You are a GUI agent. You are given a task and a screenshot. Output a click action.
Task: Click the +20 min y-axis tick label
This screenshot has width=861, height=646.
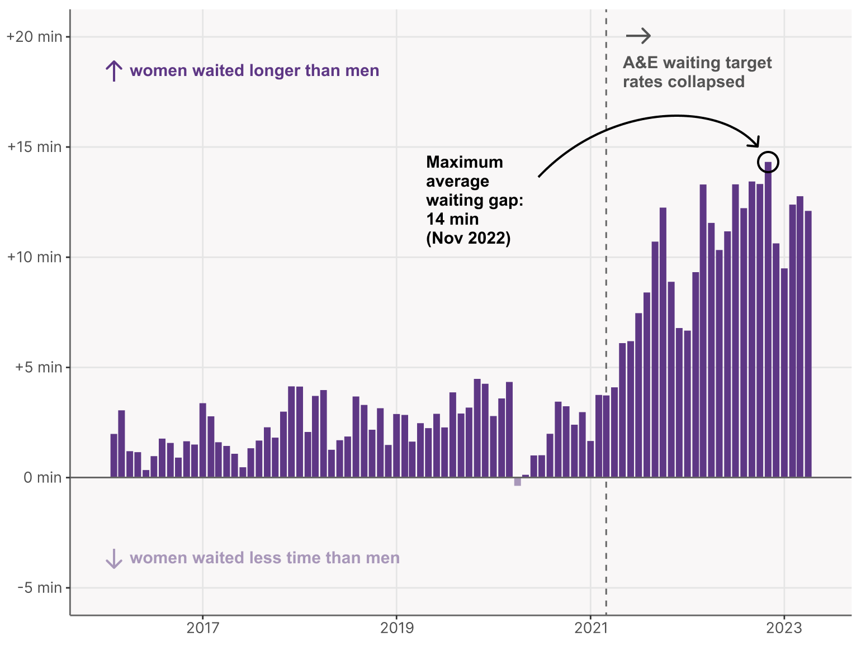pos(34,37)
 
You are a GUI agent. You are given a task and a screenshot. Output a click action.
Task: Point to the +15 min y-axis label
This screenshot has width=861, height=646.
pos(34,147)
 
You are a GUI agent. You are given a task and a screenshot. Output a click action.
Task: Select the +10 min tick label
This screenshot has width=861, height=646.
pos(34,257)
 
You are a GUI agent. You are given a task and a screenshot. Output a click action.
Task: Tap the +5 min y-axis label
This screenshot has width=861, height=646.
pos(38,367)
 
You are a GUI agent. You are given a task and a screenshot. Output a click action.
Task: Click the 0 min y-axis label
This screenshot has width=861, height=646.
pos(42,477)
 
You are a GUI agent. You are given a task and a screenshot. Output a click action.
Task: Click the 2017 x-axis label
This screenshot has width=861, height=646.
pos(202,628)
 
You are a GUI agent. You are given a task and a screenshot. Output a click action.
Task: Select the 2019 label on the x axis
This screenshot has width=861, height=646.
pos(396,628)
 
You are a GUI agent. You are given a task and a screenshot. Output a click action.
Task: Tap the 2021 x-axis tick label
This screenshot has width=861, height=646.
pos(590,628)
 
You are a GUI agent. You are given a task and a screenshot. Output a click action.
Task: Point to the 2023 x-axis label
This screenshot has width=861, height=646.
pos(784,628)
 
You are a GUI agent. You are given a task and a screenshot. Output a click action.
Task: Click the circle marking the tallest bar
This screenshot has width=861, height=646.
pos(768,162)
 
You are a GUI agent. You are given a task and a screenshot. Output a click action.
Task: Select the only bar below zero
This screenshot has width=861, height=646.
pos(517,482)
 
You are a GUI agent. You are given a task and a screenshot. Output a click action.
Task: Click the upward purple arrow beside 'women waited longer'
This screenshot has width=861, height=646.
pos(114,71)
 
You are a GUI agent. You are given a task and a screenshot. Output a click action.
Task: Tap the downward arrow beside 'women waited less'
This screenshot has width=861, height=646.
pos(114,558)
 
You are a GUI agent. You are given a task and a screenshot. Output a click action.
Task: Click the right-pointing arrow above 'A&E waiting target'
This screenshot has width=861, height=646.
pos(638,36)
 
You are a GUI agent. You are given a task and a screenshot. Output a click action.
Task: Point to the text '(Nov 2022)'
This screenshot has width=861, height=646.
pos(468,238)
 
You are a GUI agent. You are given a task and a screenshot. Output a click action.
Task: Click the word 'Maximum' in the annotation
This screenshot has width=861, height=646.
pos(464,162)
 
